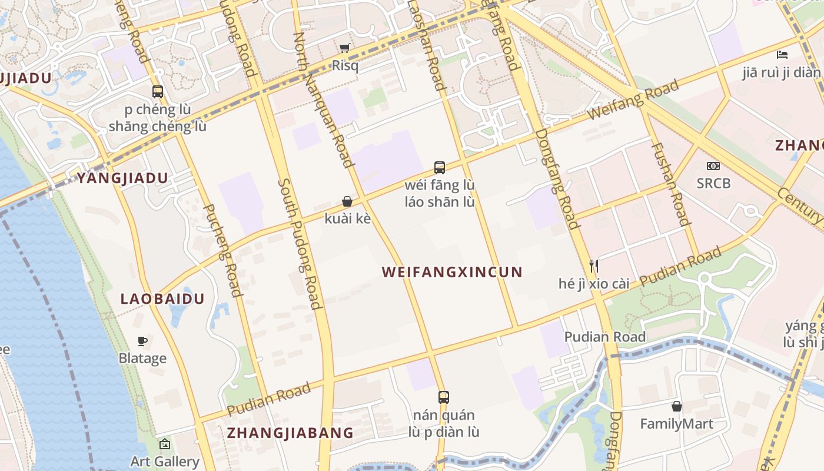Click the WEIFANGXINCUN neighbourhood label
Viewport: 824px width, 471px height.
[452, 272]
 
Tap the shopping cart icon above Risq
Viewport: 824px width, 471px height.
[345, 48]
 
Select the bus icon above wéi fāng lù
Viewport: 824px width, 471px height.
[440, 167]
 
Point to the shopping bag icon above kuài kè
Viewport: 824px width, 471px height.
[347, 201]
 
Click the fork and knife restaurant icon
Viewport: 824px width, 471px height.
[594, 266]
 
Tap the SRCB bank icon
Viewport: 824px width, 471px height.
[713, 167]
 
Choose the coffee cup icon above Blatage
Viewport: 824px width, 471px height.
[142, 341]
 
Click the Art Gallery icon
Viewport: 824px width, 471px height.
[165, 444]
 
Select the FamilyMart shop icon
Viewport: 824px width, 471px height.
[676, 406]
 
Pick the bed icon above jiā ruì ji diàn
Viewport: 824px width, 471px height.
[782, 55]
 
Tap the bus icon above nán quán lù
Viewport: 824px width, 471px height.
[444, 397]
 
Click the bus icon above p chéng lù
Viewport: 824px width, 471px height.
[157, 92]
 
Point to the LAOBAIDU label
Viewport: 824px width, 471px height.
[162, 298]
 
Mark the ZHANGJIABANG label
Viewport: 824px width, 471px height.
[290, 433]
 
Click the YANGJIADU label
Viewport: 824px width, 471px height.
[122, 178]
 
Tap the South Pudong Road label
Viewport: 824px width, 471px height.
[300, 244]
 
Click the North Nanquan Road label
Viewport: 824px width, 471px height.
[323, 100]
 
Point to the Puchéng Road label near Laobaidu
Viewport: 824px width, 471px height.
[222, 251]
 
